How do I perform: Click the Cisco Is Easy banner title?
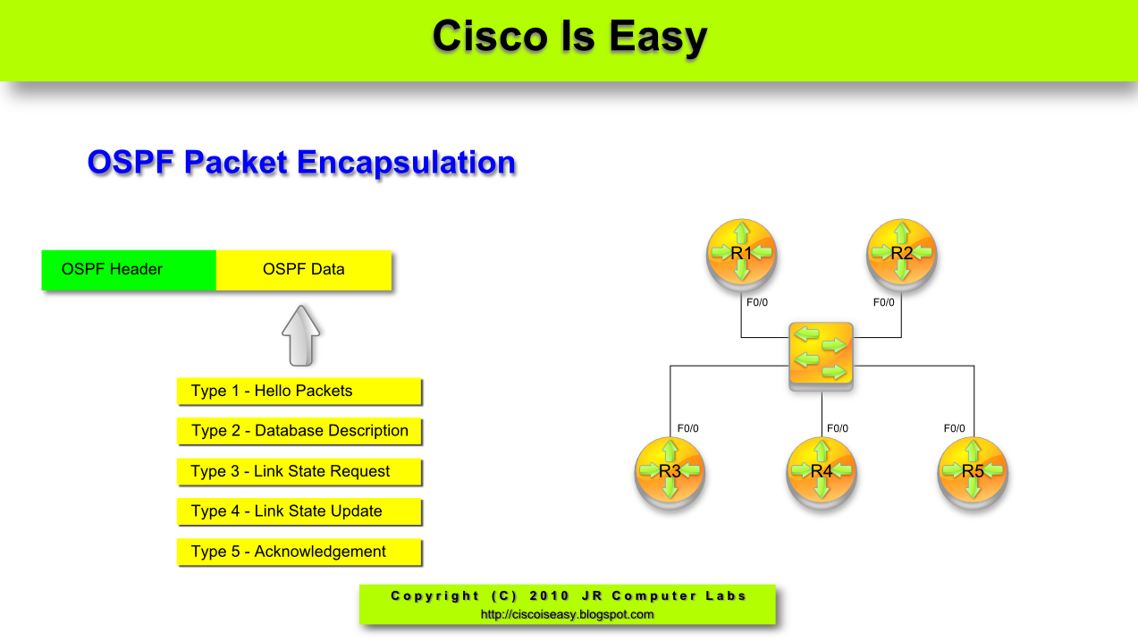point(569,38)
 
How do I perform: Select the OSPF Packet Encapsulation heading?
point(301,163)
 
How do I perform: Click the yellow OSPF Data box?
point(304,270)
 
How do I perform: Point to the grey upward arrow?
point(300,335)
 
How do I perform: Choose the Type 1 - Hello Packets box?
point(299,392)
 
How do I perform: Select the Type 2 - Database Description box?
point(299,431)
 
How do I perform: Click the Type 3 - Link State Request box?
point(299,471)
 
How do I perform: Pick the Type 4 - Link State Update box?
point(299,511)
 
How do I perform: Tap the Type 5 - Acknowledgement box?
point(299,552)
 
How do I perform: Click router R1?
point(741,253)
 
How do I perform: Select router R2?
point(901,253)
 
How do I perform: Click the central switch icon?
point(821,356)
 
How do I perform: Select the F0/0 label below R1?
point(757,302)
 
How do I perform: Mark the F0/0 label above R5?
point(955,428)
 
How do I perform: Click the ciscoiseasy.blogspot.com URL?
point(568,614)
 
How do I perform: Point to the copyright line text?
point(569,595)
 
